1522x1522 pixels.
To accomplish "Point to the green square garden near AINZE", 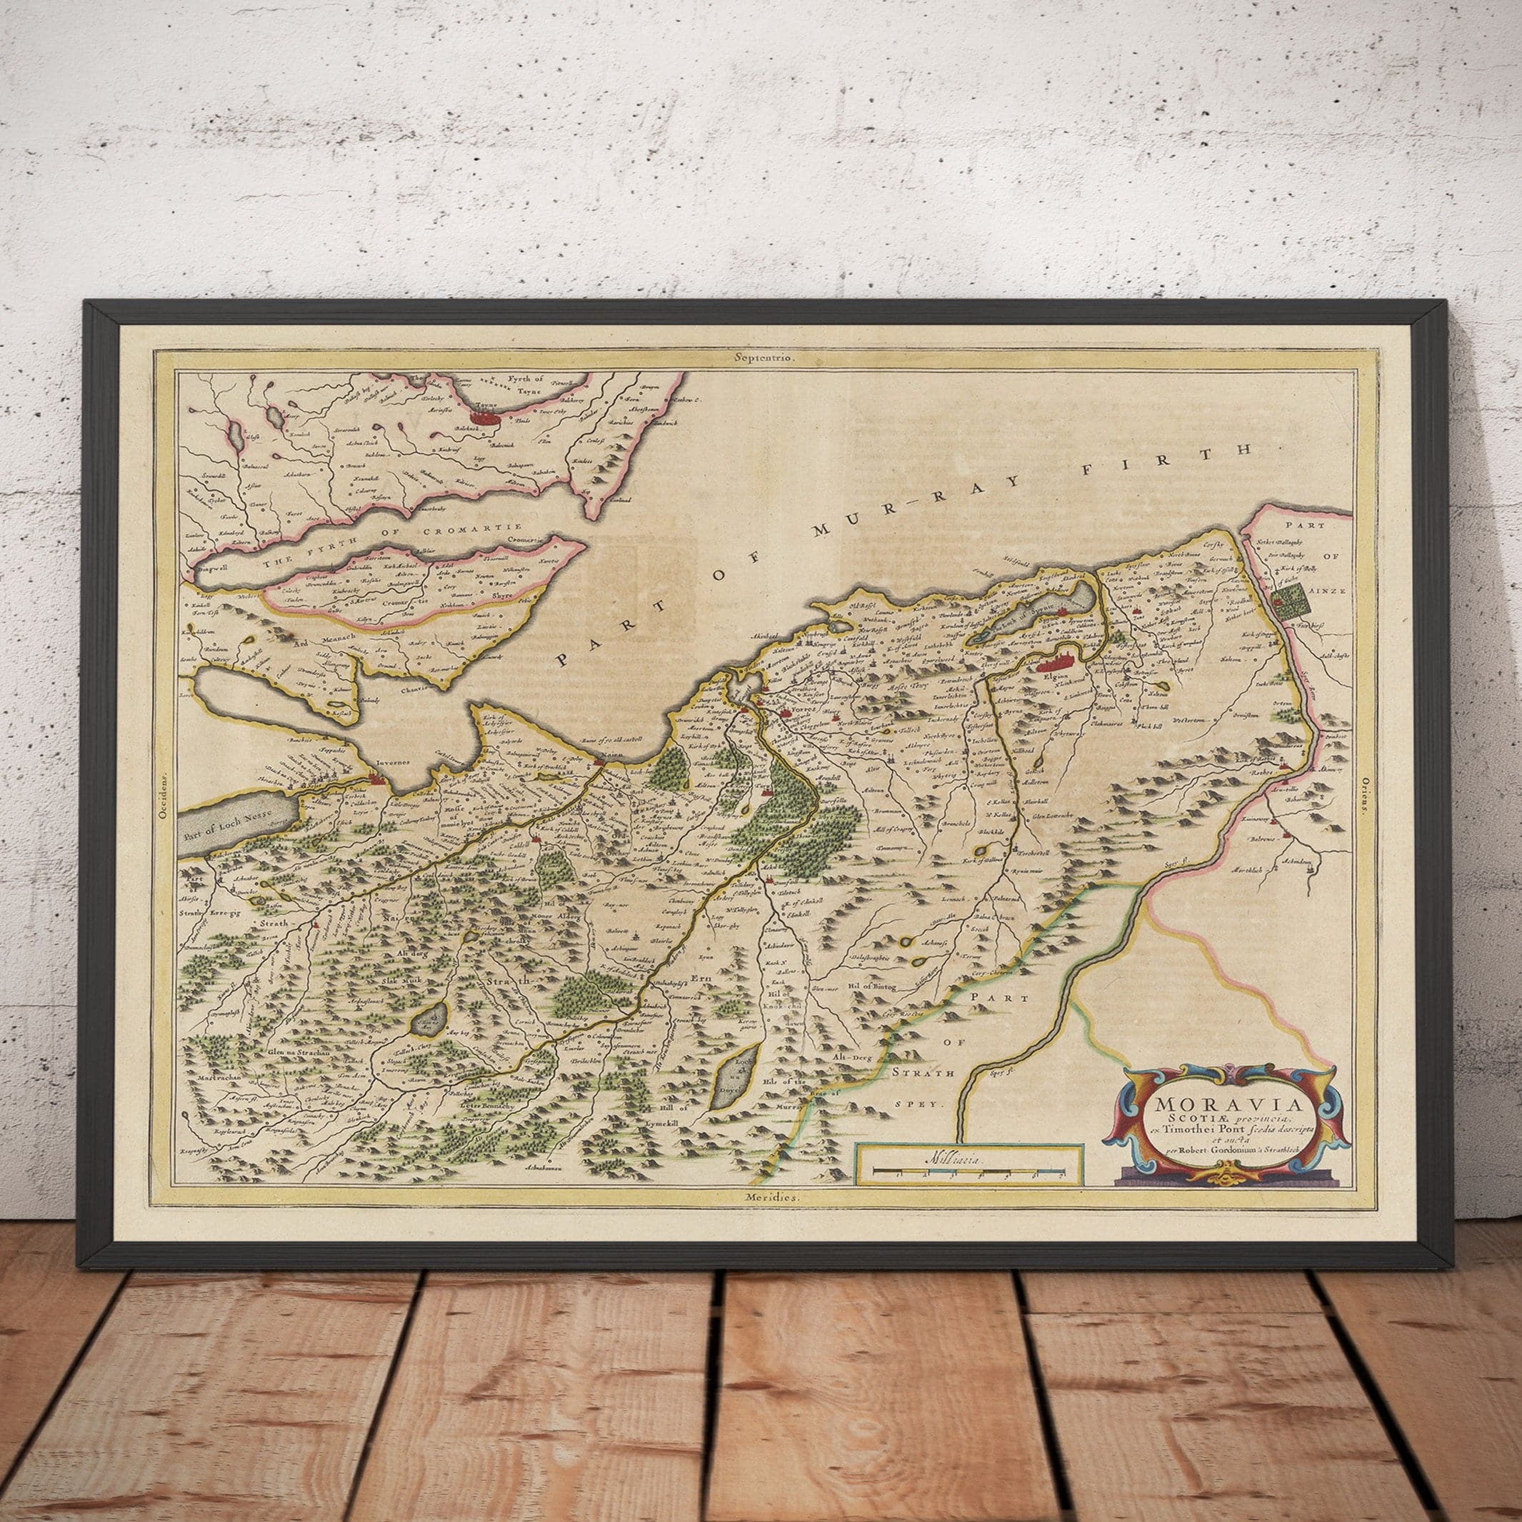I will pyautogui.click(x=1293, y=601).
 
